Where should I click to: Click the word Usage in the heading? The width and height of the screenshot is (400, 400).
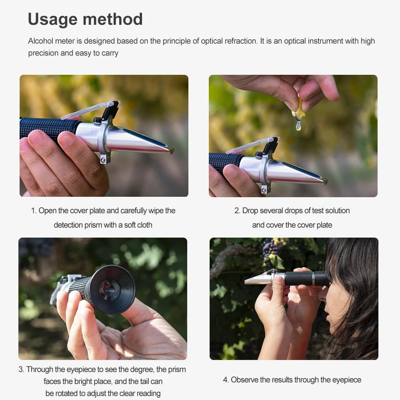(52, 19)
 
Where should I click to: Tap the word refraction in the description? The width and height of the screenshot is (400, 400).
(238, 41)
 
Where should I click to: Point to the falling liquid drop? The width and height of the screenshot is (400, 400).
(298, 126)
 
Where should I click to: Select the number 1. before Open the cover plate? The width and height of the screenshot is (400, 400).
(34, 211)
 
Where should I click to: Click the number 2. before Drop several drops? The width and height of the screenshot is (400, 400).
(237, 211)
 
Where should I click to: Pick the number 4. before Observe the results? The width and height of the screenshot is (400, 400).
(226, 380)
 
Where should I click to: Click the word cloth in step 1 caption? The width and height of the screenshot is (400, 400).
(144, 225)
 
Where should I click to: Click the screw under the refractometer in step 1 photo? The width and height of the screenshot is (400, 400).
(103, 160)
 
